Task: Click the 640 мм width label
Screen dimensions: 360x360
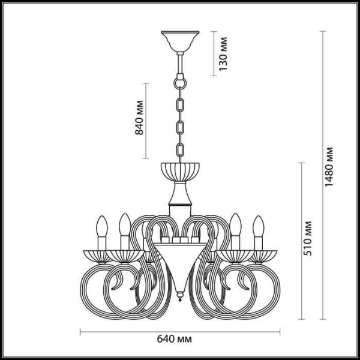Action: coord(180,339)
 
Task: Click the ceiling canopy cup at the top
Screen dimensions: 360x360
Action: coord(179,43)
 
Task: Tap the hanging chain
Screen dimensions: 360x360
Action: coord(179,114)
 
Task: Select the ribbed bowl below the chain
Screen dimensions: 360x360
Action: coord(179,170)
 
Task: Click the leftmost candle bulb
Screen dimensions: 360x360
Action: coord(100,229)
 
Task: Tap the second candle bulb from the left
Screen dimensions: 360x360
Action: coord(124,224)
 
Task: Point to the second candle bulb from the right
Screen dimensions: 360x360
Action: coord(236,224)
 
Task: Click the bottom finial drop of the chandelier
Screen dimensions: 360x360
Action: coord(179,296)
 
